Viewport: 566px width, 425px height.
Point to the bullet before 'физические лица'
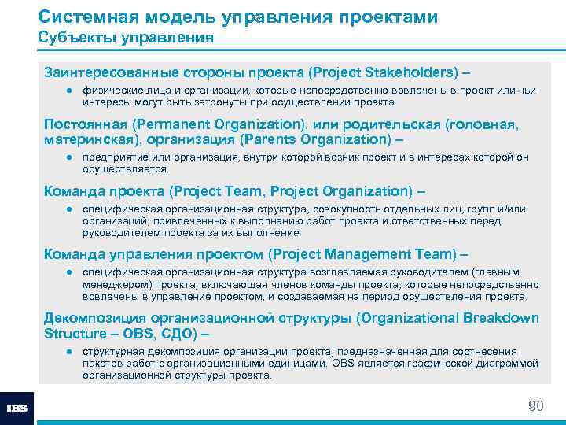(x=69, y=91)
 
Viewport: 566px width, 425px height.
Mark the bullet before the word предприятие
(x=69, y=157)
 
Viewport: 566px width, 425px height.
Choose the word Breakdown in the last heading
(x=500, y=318)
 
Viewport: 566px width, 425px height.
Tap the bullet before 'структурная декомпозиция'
(x=69, y=351)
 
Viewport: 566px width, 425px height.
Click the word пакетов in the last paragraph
(x=101, y=364)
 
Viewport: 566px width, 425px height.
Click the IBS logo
(x=17, y=408)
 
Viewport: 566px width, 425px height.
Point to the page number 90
(x=535, y=405)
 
